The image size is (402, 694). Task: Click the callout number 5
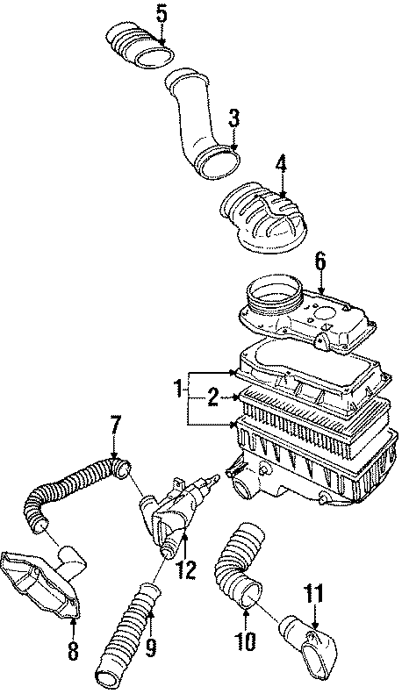[x=162, y=13]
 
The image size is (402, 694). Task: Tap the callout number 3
[x=233, y=118]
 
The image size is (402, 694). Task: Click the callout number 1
[x=178, y=386]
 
